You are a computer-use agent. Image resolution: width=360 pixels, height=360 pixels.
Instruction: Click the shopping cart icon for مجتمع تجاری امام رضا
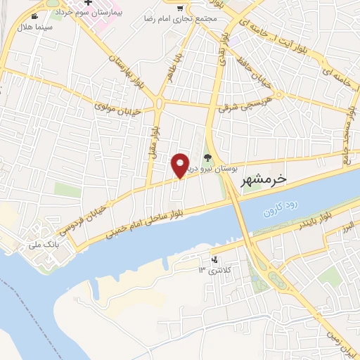[x=181, y=8]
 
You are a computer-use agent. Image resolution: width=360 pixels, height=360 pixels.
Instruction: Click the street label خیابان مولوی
[x=120, y=108]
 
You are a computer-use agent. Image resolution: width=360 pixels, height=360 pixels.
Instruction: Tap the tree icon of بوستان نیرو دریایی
[x=207, y=157]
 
